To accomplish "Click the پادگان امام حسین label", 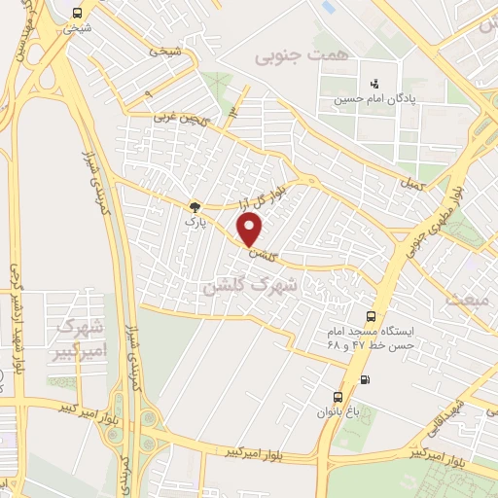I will [x=370, y=98].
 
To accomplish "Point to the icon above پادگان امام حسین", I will [x=370, y=84].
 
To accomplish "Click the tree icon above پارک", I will [x=195, y=206].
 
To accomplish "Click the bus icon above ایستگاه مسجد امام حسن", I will [x=371, y=316].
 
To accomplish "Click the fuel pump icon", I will [x=365, y=379].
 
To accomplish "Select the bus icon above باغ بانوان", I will [x=338, y=397].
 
